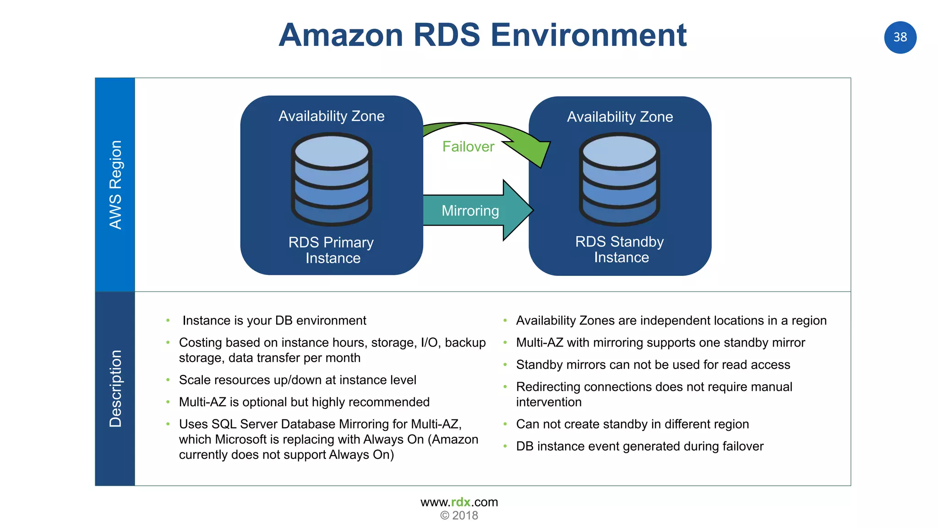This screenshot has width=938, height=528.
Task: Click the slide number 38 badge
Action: pyautogui.click(x=900, y=37)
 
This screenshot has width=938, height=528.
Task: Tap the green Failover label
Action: pyautogui.click(x=468, y=147)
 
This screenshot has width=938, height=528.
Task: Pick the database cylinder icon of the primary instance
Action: pyautogui.click(x=332, y=179)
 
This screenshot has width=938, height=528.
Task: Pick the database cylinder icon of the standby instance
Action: pyautogui.click(x=620, y=179)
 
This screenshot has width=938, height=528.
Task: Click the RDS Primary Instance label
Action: pyautogui.click(x=332, y=250)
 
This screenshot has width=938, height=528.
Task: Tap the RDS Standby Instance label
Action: pyautogui.click(x=620, y=249)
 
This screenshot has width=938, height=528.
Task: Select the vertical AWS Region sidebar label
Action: pyautogui.click(x=115, y=185)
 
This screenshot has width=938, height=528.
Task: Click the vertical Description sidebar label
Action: pyautogui.click(x=115, y=389)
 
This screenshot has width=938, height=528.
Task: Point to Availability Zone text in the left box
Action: pyautogui.click(x=332, y=116)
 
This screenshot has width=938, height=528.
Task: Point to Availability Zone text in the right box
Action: pyautogui.click(x=620, y=117)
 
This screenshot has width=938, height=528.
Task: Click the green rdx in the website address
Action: pyautogui.click(x=461, y=502)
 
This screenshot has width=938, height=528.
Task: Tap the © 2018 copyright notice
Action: pyautogui.click(x=459, y=516)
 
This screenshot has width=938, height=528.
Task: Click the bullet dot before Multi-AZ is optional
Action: pyautogui.click(x=168, y=402)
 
